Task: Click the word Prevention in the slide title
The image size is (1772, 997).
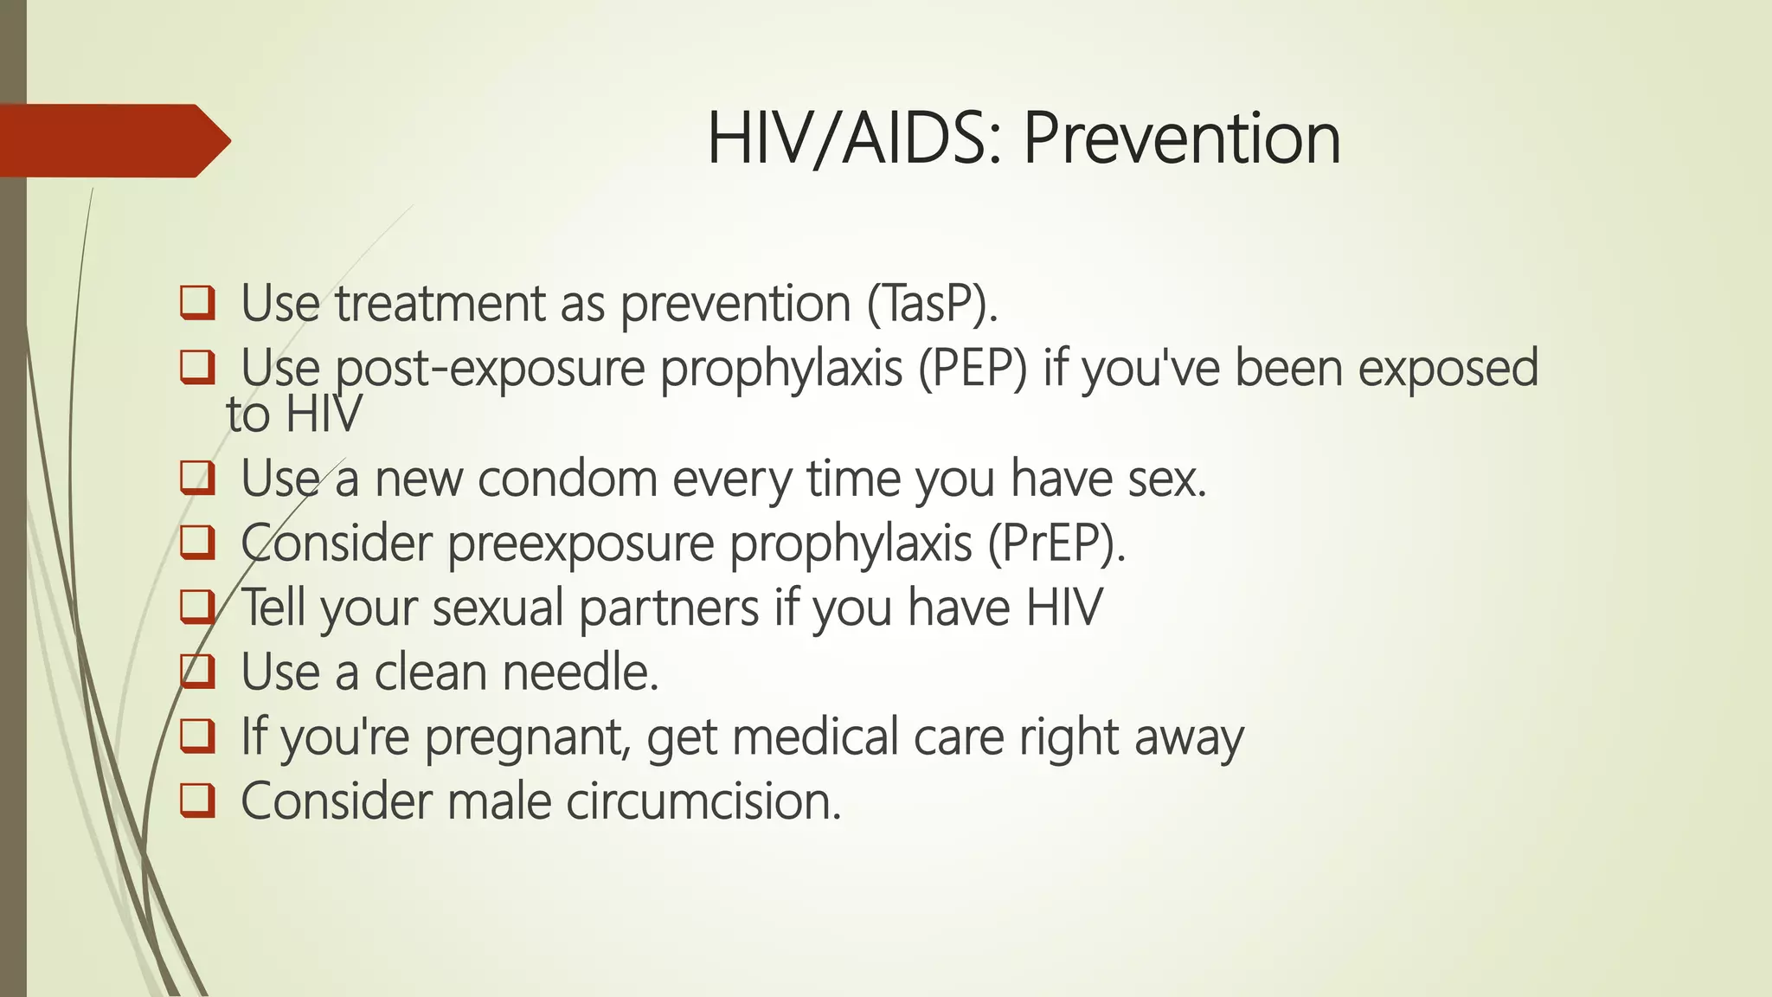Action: pyautogui.click(x=1182, y=138)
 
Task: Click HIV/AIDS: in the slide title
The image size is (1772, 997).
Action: pyautogui.click(x=857, y=138)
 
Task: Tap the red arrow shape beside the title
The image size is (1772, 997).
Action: pyautogui.click(x=112, y=140)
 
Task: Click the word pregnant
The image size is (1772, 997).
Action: pyautogui.click(x=526, y=738)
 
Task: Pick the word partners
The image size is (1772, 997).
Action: pyautogui.click(x=669, y=608)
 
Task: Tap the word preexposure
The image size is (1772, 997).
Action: pyautogui.click(x=581, y=544)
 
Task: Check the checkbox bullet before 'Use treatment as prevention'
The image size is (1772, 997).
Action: pyautogui.click(x=197, y=304)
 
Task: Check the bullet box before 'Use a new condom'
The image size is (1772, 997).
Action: pyautogui.click(x=197, y=479)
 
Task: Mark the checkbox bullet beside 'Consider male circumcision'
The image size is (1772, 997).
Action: pyautogui.click(x=197, y=801)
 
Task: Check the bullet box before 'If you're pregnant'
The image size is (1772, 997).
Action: pyautogui.click(x=197, y=737)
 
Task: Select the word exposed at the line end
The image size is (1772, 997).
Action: pyautogui.click(x=1448, y=369)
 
